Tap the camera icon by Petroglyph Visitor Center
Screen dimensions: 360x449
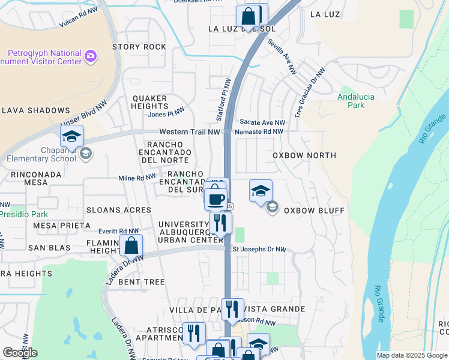click(x=91, y=56)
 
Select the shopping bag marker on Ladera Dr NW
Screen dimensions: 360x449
click(x=131, y=245)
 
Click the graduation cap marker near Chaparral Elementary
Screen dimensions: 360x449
click(x=71, y=137)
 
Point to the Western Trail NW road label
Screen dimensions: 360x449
click(x=190, y=132)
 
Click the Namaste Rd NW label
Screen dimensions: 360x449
click(x=260, y=131)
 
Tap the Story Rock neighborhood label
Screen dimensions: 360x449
click(x=139, y=47)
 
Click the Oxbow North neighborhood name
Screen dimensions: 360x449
click(x=304, y=155)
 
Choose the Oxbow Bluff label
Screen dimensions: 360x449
click(x=314, y=211)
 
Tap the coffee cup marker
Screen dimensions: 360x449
click(x=216, y=199)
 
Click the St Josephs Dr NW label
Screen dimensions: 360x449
click(x=259, y=250)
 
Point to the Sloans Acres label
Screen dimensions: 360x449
click(x=118, y=210)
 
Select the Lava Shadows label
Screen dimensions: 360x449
click(x=36, y=110)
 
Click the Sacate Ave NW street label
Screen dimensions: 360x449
click(x=262, y=122)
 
